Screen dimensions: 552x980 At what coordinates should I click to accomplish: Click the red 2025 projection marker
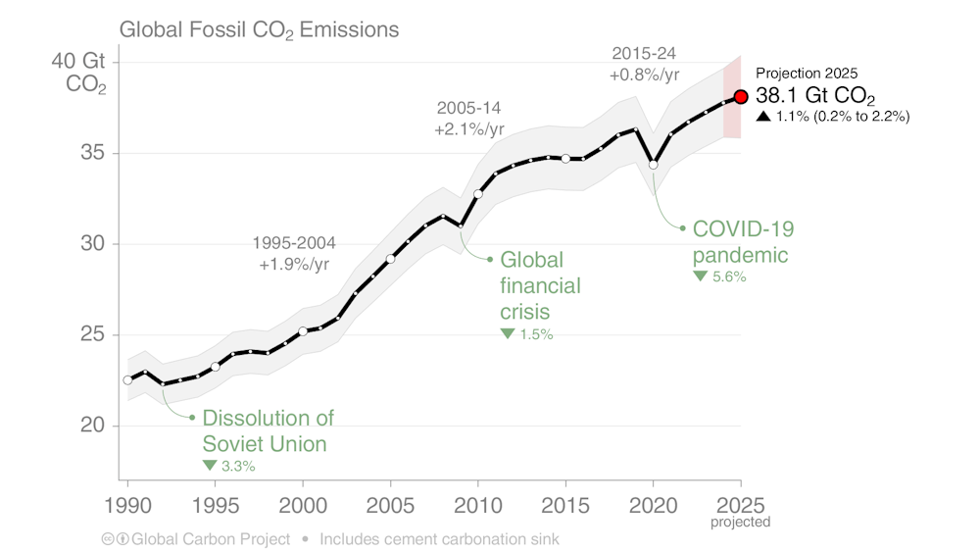pyautogui.click(x=741, y=97)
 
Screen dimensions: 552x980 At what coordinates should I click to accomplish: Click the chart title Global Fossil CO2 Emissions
pyautogui.click(x=259, y=29)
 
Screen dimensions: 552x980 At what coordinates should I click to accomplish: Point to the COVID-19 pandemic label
pyautogui.click(x=742, y=241)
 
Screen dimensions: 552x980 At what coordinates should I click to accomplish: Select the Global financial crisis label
pyautogui.click(x=540, y=286)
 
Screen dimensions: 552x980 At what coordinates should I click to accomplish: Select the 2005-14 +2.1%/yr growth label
pyautogui.click(x=469, y=119)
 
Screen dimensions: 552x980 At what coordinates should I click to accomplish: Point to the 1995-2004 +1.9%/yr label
pyautogui.click(x=291, y=254)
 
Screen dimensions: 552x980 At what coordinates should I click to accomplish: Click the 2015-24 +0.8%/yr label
pyautogui.click(x=645, y=63)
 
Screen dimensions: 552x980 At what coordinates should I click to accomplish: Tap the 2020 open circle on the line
pyautogui.click(x=654, y=164)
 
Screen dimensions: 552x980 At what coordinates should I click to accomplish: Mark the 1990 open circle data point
pyautogui.click(x=127, y=379)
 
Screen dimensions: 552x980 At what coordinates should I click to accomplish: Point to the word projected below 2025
pyautogui.click(x=740, y=523)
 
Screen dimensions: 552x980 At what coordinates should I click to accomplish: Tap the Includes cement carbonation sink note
pyautogui.click(x=439, y=538)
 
